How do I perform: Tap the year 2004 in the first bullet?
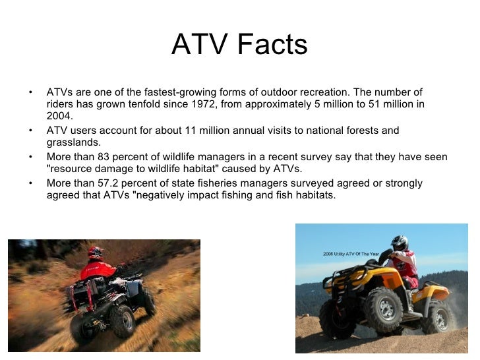coord(59,116)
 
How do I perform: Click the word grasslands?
coord(73,142)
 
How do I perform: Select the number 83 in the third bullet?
coord(104,157)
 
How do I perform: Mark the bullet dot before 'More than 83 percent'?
coord(30,157)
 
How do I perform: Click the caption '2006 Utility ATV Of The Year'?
coord(353,253)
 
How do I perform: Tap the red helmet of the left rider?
coord(96,252)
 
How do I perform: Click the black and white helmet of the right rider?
coord(399,243)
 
